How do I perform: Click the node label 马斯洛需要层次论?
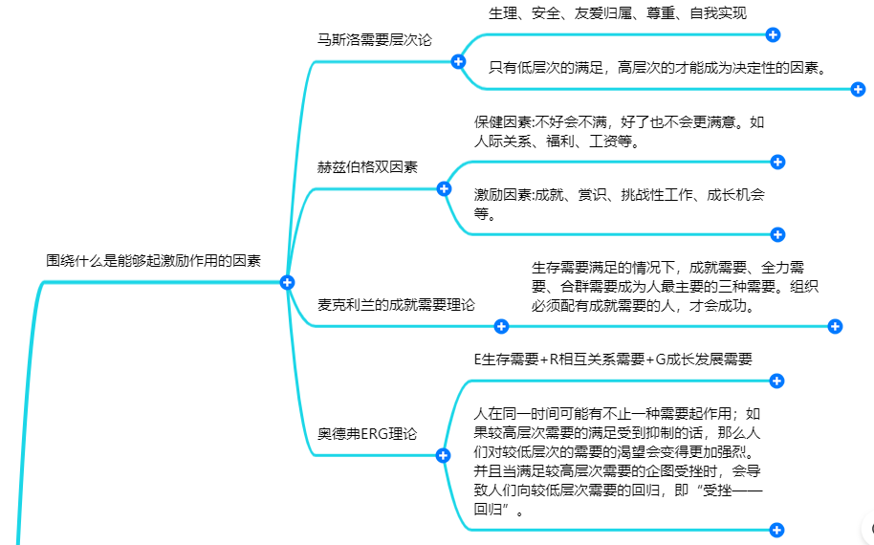pyautogui.click(x=375, y=40)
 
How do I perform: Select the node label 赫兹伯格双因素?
pyautogui.click(x=367, y=167)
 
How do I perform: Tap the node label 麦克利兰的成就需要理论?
pyautogui.click(x=396, y=305)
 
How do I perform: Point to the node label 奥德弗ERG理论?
pyautogui.click(x=367, y=433)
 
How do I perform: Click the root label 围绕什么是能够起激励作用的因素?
pyautogui.click(x=153, y=261)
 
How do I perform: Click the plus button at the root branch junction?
pyautogui.click(x=287, y=282)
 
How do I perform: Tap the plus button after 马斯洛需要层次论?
pyautogui.click(x=458, y=62)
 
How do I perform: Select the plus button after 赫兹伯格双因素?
pyautogui.click(x=444, y=189)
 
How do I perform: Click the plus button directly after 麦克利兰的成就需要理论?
pyautogui.click(x=501, y=327)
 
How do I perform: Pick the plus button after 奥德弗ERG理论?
pyautogui.click(x=443, y=456)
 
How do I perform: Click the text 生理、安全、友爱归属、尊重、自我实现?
pyautogui.click(x=618, y=13)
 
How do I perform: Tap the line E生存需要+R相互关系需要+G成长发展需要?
pyautogui.click(x=613, y=360)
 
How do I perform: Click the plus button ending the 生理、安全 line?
pyautogui.click(x=773, y=35)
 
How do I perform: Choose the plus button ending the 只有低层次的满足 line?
pyautogui.click(x=858, y=89)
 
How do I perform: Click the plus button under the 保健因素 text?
pyautogui.click(x=777, y=163)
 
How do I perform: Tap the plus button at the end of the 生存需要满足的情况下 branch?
pyautogui.click(x=835, y=327)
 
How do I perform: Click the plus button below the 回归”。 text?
pyautogui.click(x=776, y=530)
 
